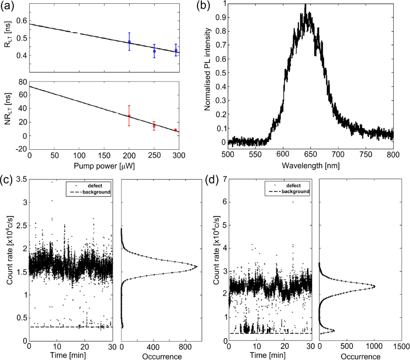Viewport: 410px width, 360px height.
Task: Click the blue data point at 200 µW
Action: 129,41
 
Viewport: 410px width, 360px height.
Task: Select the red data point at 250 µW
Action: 154,126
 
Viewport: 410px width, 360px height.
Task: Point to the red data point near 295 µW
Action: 176,130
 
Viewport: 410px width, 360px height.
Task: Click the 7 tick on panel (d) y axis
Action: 224,179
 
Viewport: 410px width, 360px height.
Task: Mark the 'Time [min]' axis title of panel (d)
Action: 271,355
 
